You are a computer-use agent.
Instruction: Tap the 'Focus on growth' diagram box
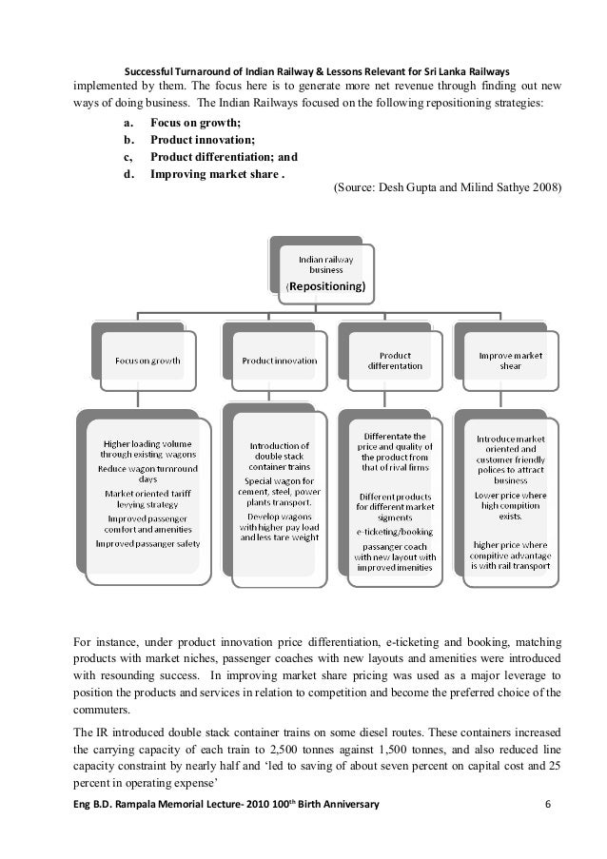coord(147,361)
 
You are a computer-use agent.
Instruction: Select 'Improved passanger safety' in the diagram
coord(146,543)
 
